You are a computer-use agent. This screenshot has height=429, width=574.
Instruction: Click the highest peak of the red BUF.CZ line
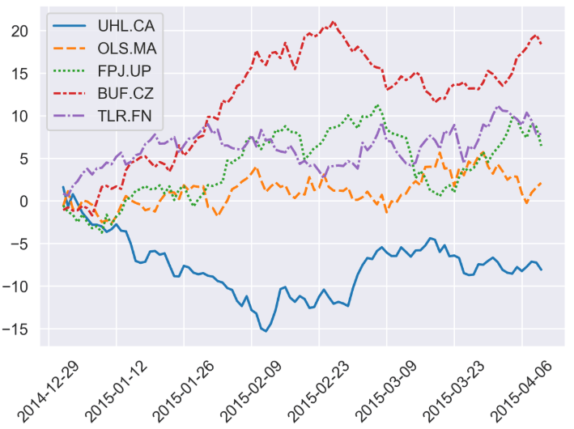pyautogui.click(x=333, y=22)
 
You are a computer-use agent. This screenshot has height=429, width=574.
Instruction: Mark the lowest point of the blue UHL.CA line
pyautogui.click(x=266, y=331)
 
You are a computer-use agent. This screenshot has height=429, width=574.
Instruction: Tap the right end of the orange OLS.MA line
pyautogui.click(x=541, y=183)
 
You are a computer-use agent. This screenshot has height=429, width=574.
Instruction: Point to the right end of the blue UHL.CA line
pyautogui.click(x=541, y=270)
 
